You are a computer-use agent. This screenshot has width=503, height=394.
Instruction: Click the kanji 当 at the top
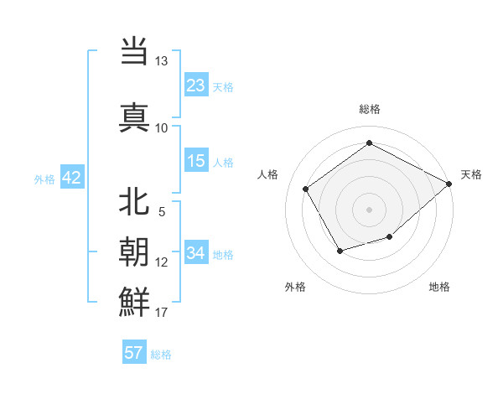pos(135,51)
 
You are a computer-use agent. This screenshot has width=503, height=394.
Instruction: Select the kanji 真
pos(135,116)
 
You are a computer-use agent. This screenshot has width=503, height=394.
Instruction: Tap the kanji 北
pos(135,202)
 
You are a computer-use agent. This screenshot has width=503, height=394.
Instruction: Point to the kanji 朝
pos(135,251)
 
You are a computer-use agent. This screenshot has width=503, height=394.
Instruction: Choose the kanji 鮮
pos(135,300)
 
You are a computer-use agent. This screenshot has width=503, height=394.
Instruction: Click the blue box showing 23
pos(196,86)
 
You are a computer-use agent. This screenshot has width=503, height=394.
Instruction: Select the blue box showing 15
pos(196,161)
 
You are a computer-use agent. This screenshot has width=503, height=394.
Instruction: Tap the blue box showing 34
pos(196,253)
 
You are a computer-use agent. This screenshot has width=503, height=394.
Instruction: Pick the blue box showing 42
pos(70,178)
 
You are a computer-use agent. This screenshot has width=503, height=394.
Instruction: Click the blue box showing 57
pos(134,353)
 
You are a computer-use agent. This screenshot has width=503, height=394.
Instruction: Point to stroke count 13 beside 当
pos(162,61)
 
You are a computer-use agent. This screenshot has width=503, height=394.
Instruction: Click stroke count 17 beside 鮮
pos(162,313)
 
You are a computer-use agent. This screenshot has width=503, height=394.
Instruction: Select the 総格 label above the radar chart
pos(370,109)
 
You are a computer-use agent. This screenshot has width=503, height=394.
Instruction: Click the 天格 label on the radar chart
pos(471,174)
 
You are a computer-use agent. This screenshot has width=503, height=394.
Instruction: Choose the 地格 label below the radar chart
pos(439,287)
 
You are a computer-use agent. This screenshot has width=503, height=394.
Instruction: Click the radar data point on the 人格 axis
pos(306,189)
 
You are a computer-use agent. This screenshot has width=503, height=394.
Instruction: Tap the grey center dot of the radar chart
pos(369,209)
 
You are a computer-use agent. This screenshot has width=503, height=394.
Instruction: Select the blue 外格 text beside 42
pos(44,179)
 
